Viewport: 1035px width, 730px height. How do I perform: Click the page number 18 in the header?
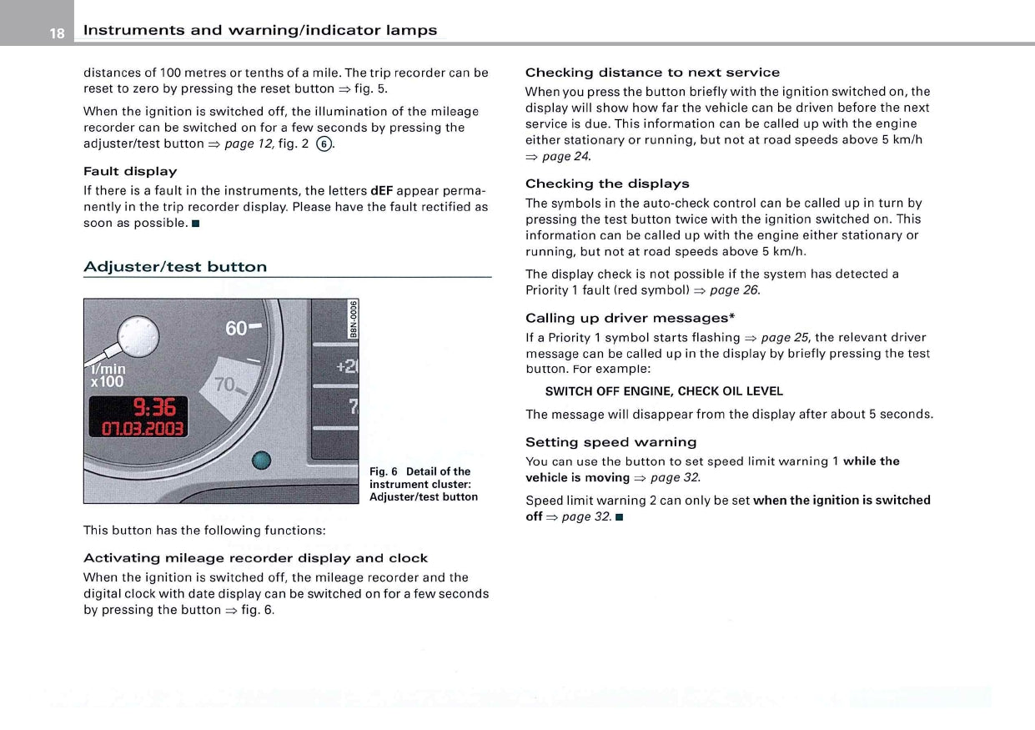56,33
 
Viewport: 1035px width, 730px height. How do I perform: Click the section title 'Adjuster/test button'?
175,267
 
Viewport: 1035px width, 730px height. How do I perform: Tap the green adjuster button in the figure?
262,461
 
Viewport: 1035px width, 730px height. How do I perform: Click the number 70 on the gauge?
226,385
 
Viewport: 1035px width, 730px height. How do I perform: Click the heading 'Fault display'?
130,171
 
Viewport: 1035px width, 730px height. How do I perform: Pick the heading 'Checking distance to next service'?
652,73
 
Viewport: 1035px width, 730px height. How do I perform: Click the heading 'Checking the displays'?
607,184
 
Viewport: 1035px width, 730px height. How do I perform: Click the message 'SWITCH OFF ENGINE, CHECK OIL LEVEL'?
664,391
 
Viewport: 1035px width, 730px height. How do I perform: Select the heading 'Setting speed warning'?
610,442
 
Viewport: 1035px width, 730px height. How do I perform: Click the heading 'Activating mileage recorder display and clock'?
255,558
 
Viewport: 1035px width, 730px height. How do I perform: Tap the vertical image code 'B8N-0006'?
354,318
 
